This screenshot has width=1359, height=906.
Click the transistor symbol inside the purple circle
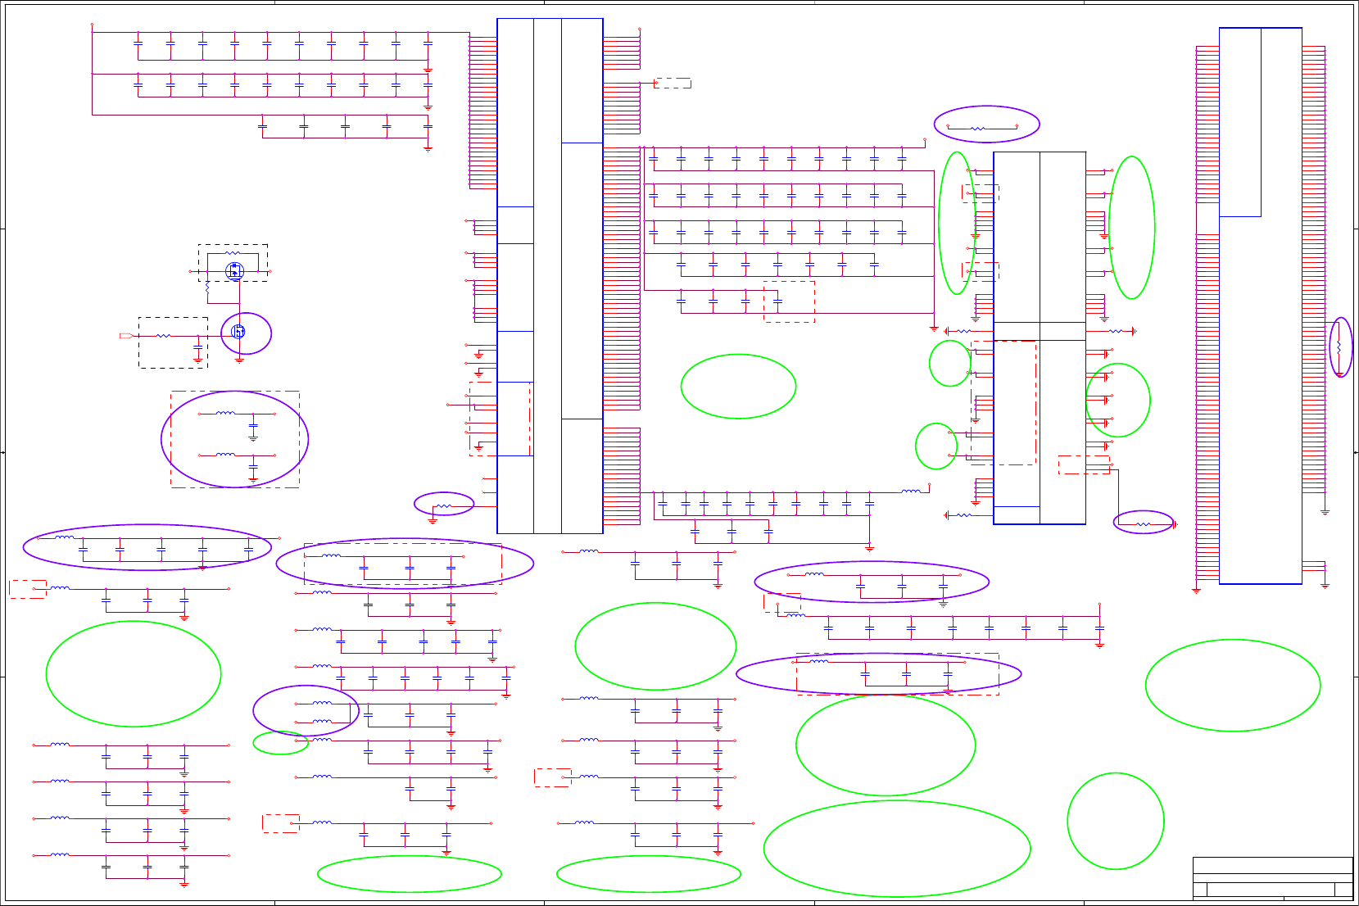[x=238, y=332]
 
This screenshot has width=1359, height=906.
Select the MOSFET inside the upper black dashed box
[x=234, y=270]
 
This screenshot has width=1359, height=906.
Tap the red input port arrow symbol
[x=126, y=336]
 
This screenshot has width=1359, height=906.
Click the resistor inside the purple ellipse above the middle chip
[x=977, y=128]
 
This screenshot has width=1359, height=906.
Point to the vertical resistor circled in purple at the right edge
[x=1339, y=347]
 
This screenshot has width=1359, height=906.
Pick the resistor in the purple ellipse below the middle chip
[x=1144, y=524]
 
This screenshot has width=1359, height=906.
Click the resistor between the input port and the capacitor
[x=164, y=336]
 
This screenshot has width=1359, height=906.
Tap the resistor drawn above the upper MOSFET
[x=233, y=254]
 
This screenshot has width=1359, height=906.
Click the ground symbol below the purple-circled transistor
[x=239, y=359]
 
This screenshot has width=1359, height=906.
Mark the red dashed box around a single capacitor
[x=789, y=301]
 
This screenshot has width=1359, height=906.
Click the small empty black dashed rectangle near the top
[x=673, y=83]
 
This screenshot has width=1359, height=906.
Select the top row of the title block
[x=1272, y=865]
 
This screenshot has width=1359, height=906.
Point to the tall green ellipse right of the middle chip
[x=1131, y=228]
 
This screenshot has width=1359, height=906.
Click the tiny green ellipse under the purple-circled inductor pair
[x=280, y=743]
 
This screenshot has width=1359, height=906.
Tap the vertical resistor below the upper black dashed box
[x=207, y=288]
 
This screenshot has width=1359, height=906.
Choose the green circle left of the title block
[x=1115, y=821]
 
